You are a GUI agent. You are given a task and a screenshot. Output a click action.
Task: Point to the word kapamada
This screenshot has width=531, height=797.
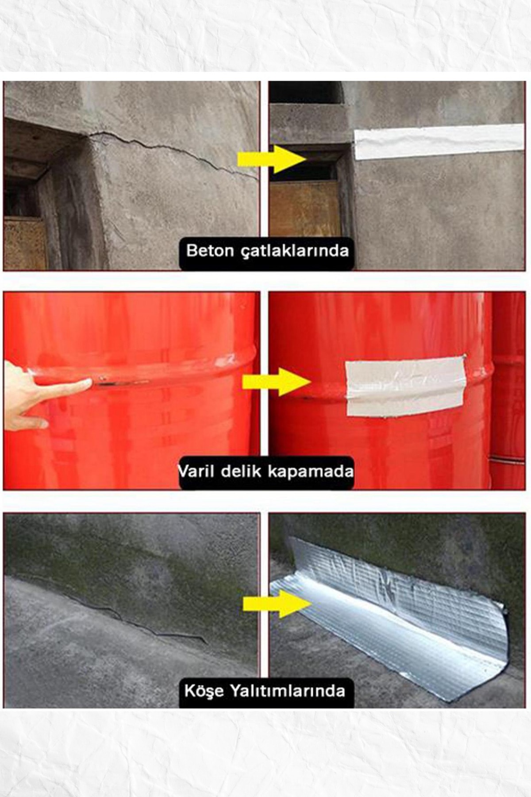click(x=311, y=472)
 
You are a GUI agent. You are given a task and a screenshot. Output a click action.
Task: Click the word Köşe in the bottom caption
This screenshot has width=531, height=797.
click(x=204, y=691)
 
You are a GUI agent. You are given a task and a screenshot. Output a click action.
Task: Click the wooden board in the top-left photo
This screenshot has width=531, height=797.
click(x=24, y=243)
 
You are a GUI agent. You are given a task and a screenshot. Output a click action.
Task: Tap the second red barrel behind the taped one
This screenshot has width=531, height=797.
click(x=509, y=390)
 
